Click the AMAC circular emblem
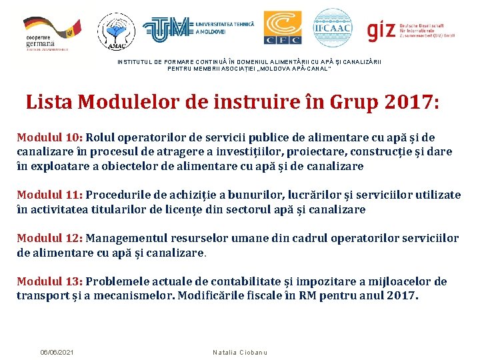(x=116, y=31)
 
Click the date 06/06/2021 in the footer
(x=57, y=351)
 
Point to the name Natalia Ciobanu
(x=240, y=351)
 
